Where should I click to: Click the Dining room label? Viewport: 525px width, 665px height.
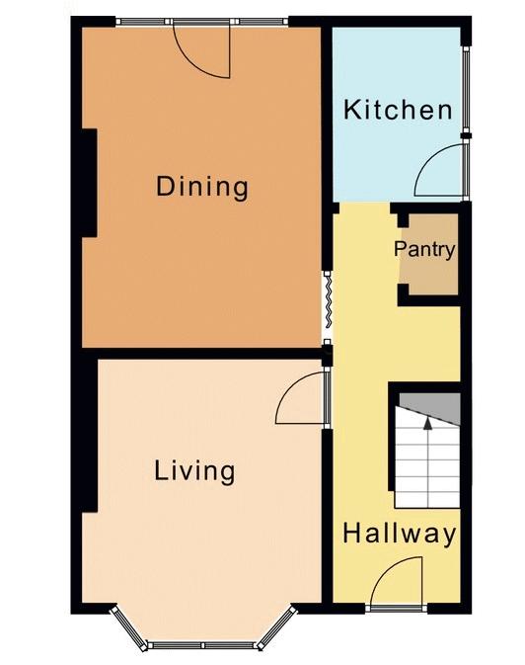click(x=202, y=188)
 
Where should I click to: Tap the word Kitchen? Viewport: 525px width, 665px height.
click(x=398, y=110)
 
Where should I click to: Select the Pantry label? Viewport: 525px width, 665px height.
click(x=424, y=249)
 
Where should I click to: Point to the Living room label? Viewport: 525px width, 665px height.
click(x=194, y=470)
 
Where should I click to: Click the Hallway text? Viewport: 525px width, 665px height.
click(x=400, y=534)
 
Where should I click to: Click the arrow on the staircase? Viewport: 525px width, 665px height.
click(x=428, y=462)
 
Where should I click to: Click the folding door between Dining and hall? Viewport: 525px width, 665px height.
click(x=327, y=299)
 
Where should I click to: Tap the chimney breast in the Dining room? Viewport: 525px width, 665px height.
click(x=90, y=183)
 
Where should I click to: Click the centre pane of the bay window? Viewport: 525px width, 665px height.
click(x=202, y=645)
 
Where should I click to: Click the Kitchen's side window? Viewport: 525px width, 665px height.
click(x=466, y=90)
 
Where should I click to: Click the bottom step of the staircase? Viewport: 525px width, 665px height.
click(x=427, y=501)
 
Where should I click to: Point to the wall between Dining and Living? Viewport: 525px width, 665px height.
click(x=201, y=354)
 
